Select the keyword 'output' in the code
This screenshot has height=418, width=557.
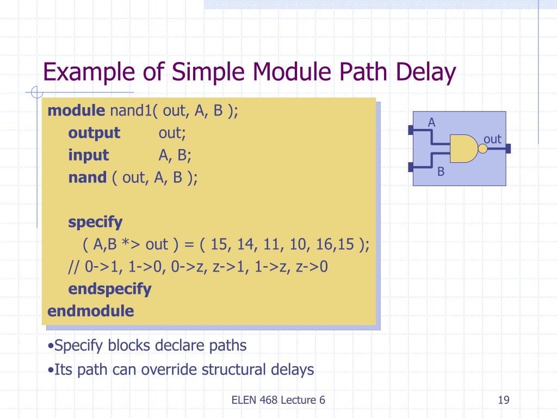[x=94, y=133]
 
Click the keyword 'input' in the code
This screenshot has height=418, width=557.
[x=89, y=155]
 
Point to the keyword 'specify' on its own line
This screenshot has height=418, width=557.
[x=95, y=222]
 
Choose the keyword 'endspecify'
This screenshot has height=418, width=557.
[x=110, y=288]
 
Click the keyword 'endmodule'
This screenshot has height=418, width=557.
[x=91, y=311]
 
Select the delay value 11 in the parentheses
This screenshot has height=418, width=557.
[x=271, y=244]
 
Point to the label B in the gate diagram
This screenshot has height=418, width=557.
[x=441, y=172]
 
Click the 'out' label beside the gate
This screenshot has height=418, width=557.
[x=492, y=139]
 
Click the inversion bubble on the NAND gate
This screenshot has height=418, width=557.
[x=482, y=149]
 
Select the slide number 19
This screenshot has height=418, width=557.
[x=503, y=401]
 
